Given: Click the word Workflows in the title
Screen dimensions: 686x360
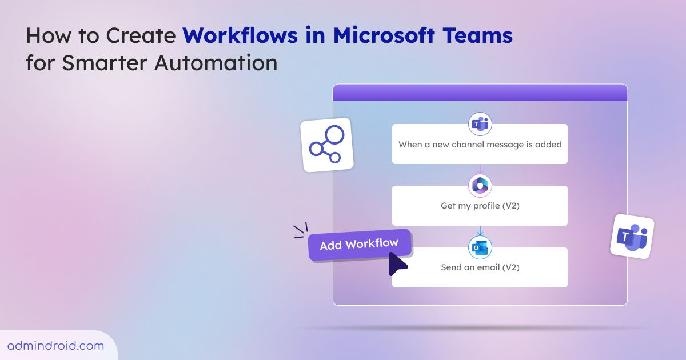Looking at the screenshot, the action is [x=240, y=35].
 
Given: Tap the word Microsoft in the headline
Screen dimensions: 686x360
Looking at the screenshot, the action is [x=384, y=35].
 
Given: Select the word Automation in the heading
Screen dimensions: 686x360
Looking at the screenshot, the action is [x=216, y=63].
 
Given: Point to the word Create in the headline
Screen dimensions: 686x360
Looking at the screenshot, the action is [x=141, y=35].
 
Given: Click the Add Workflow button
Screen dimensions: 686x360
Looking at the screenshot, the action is [x=360, y=245].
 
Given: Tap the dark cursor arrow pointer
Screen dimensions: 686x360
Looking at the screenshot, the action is [x=397, y=263].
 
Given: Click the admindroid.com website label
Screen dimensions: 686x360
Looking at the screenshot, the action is [x=56, y=346].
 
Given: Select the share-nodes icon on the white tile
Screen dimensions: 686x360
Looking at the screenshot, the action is [x=327, y=144].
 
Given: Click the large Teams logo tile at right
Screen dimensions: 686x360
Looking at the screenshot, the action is [x=632, y=237].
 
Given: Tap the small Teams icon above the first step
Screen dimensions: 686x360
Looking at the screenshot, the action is [x=480, y=124].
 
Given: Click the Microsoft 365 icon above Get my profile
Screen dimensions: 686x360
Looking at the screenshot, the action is [x=480, y=186].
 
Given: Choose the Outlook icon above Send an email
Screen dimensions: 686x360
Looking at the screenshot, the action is [x=480, y=247].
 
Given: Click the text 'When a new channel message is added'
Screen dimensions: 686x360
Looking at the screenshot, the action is [x=480, y=145].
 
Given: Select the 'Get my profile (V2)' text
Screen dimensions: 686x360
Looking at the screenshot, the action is [x=480, y=206].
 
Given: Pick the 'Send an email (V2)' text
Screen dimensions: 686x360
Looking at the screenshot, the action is [x=480, y=267].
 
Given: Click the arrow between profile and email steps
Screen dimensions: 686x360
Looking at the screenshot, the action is [x=480, y=231].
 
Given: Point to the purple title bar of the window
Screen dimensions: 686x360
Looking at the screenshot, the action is [x=480, y=93].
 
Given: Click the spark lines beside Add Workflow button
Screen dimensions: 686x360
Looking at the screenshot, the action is [x=301, y=230].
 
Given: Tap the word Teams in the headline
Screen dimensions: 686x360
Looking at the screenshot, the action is [x=478, y=35].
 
